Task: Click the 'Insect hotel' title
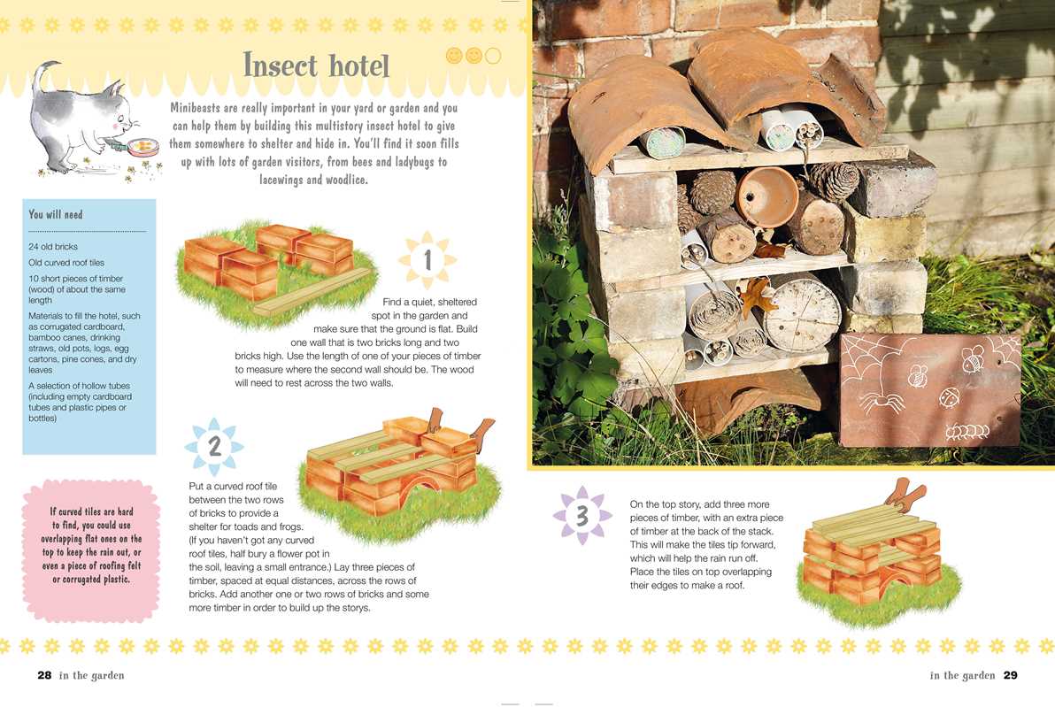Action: [316, 65]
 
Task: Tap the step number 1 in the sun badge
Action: [427, 259]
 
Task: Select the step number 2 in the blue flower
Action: [215, 446]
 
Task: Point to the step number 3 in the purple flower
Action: [582, 515]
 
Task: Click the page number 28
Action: [44, 675]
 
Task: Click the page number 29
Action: [1010, 675]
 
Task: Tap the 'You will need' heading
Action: [55, 215]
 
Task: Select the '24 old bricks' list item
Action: [52, 246]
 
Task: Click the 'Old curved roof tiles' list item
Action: [65, 262]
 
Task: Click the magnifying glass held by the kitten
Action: [139, 146]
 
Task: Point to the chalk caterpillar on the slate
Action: [966, 431]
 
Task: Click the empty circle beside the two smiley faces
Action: [493, 56]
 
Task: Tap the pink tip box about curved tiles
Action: [91, 549]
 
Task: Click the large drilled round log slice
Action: [804, 314]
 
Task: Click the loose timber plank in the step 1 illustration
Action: [312, 292]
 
